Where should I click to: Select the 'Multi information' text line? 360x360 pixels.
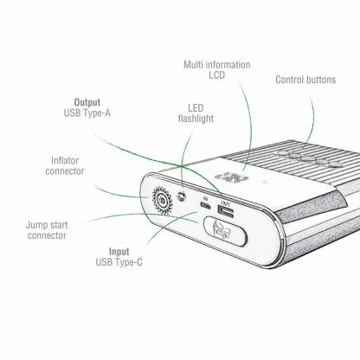coord(216,65)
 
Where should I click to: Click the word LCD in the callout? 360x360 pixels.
coord(216,77)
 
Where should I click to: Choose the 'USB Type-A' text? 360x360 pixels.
coord(87,113)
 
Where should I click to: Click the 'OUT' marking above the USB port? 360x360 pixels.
coord(224,201)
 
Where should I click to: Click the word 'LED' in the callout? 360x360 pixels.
coord(196,108)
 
